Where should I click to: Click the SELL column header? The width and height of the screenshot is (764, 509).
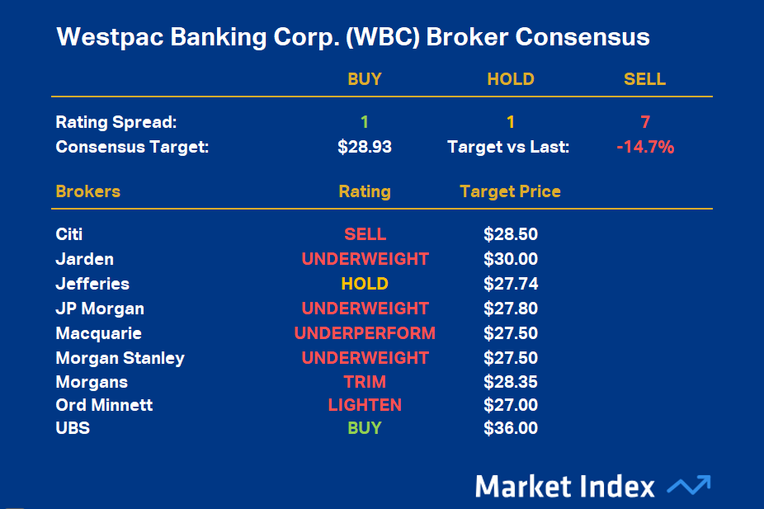(644, 80)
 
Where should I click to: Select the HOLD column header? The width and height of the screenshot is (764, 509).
(510, 80)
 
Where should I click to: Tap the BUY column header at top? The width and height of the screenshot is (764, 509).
(364, 80)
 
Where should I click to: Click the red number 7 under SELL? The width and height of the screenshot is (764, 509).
(645, 123)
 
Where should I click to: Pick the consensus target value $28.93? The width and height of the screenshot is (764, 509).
(364, 148)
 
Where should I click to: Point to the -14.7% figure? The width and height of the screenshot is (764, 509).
(645, 148)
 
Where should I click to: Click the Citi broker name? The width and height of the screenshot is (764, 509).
(69, 234)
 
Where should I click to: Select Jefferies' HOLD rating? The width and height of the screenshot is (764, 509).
(364, 284)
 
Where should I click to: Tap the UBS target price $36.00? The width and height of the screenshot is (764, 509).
(510, 428)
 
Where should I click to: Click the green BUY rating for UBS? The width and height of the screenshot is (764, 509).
(364, 428)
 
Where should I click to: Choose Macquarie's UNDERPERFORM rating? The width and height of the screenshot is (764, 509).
(364, 333)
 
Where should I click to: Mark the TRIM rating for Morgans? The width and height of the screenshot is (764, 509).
(364, 382)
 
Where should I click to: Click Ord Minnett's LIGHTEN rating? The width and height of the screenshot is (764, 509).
(364, 405)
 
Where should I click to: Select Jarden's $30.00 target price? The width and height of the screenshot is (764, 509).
(510, 259)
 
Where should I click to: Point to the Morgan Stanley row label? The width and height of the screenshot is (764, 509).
(120, 358)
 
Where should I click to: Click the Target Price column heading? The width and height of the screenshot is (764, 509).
(510, 191)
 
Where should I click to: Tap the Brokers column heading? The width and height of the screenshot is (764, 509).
(87, 191)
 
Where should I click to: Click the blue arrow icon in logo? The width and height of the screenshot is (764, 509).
(688, 485)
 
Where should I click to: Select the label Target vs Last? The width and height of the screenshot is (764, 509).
(507, 148)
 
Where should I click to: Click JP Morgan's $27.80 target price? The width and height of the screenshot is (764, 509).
(510, 309)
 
